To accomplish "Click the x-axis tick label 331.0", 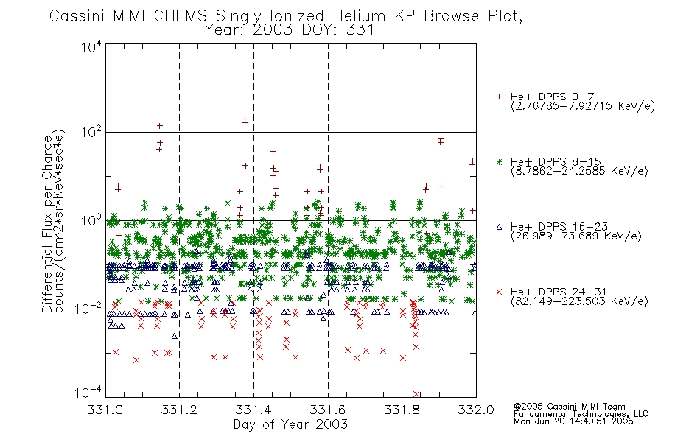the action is tap(105, 410).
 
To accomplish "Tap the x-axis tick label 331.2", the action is tap(180, 410).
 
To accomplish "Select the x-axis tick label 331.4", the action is tap(253, 410).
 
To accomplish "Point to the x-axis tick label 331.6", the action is tap(328, 410).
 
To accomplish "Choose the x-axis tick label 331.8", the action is tap(402, 410).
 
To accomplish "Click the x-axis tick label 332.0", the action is tap(476, 410).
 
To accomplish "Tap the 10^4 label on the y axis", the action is tap(91, 46).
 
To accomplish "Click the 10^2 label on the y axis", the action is tap(91, 132).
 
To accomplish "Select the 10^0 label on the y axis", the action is tap(91, 220).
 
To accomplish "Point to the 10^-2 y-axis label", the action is tap(88, 309).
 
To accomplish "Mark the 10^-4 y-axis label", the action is tap(88, 393).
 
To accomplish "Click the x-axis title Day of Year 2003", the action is tap(290, 424).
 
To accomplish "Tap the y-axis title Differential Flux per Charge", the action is tap(47, 224).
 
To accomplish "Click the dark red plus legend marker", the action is tap(499, 97).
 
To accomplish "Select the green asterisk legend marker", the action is tap(499, 161).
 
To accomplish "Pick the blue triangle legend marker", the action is tap(499, 227).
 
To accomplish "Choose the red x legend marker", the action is tap(499, 292).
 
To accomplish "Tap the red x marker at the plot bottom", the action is tap(416, 394).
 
